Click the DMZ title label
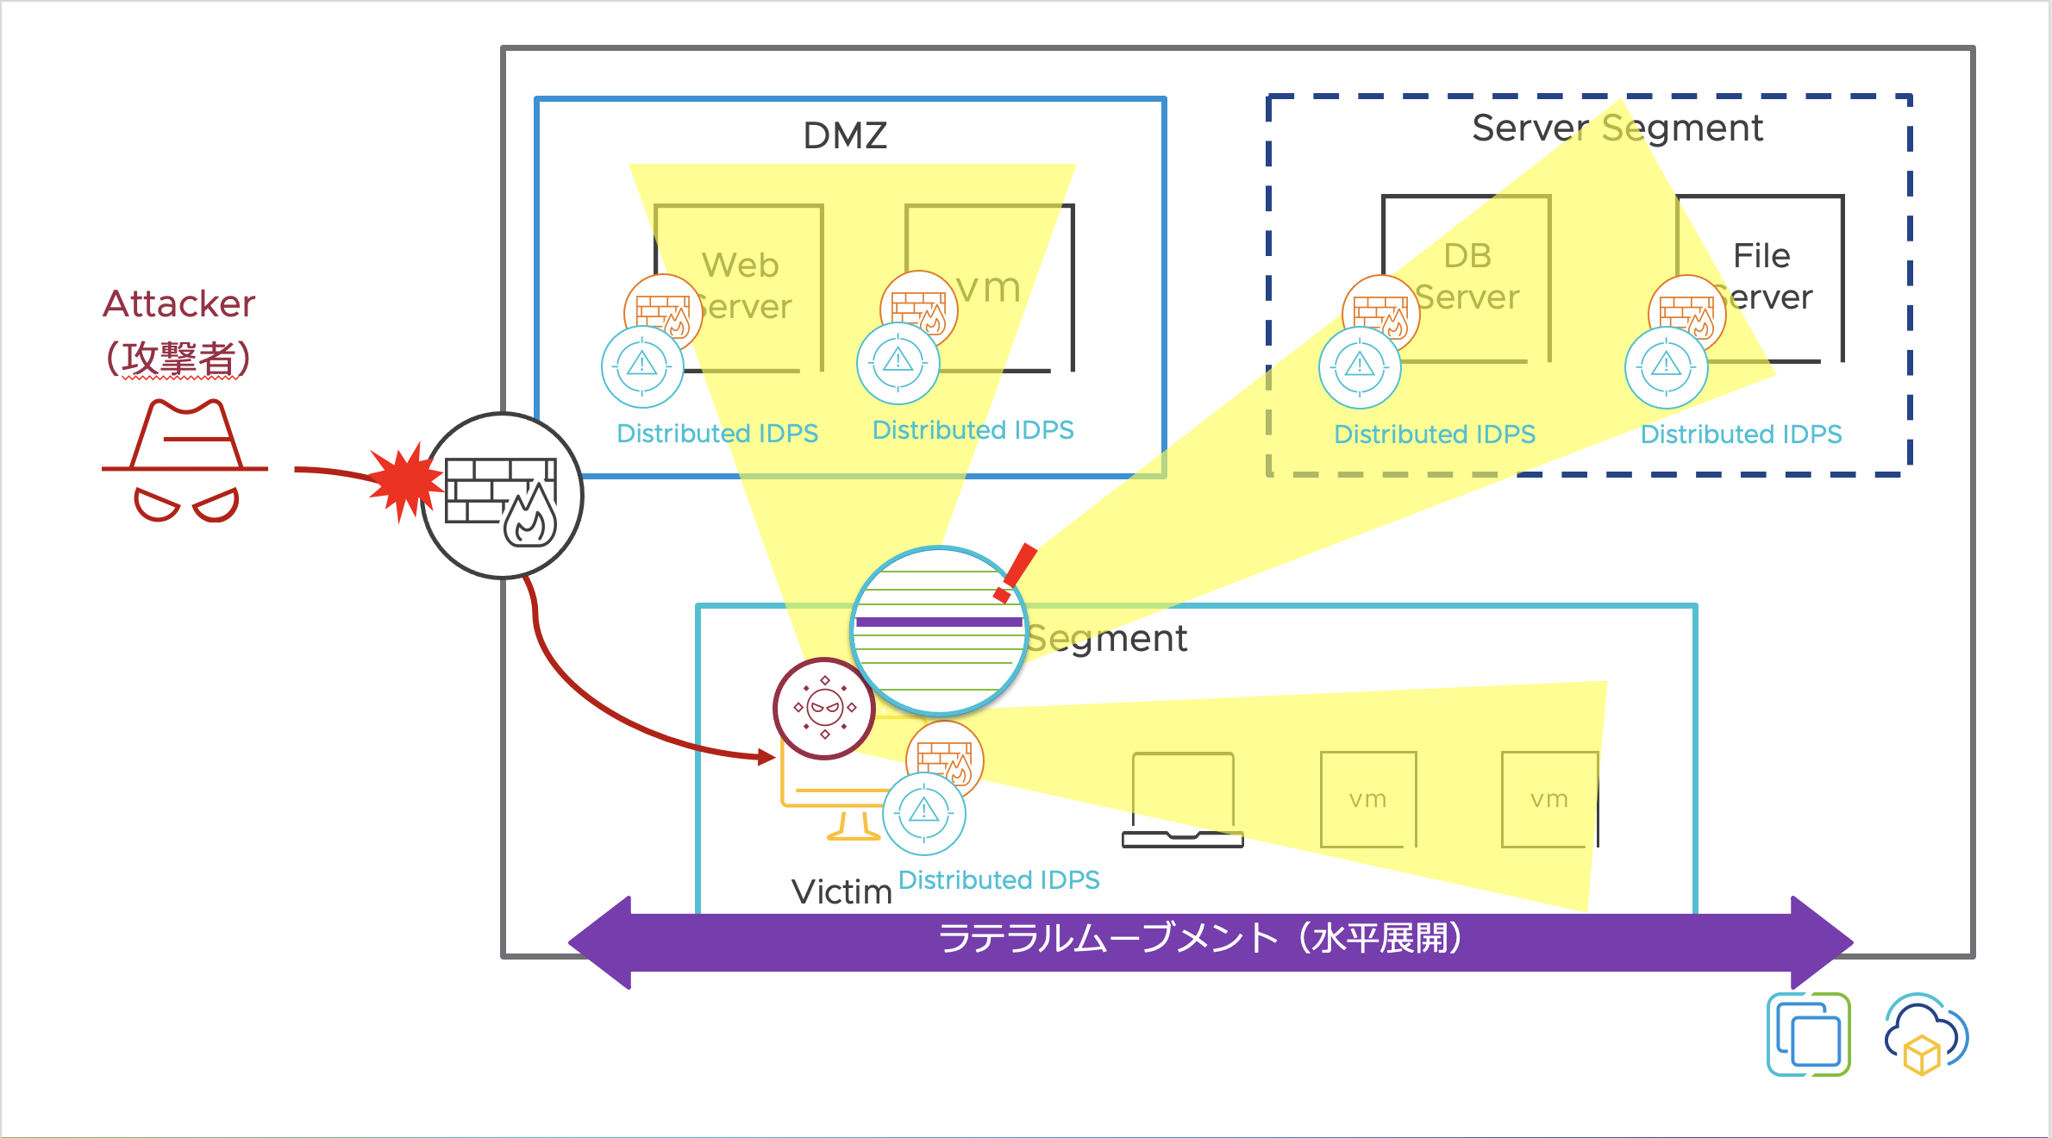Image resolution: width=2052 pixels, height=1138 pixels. [x=845, y=135]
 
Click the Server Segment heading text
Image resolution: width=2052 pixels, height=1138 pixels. [x=1617, y=128]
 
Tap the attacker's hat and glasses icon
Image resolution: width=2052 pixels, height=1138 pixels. [x=185, y=460]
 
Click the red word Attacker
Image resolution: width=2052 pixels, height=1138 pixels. [x=178, y=303]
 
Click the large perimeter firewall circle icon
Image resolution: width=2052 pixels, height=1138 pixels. [x=503, y=496]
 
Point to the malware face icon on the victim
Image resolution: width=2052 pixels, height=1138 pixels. [x=824, y=709]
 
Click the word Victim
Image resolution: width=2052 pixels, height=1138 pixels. [x=841, y=891]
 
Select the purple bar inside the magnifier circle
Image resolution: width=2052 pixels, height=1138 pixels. [x=938, y=622]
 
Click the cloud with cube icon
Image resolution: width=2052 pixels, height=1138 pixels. [x=1925, y=1035]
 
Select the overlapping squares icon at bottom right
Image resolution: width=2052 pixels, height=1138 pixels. [x=1809, y=1035]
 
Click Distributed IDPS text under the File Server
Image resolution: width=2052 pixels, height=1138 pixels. [x=1740, y=434]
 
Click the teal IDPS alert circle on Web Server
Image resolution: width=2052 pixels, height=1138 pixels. [x=642, y=366]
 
